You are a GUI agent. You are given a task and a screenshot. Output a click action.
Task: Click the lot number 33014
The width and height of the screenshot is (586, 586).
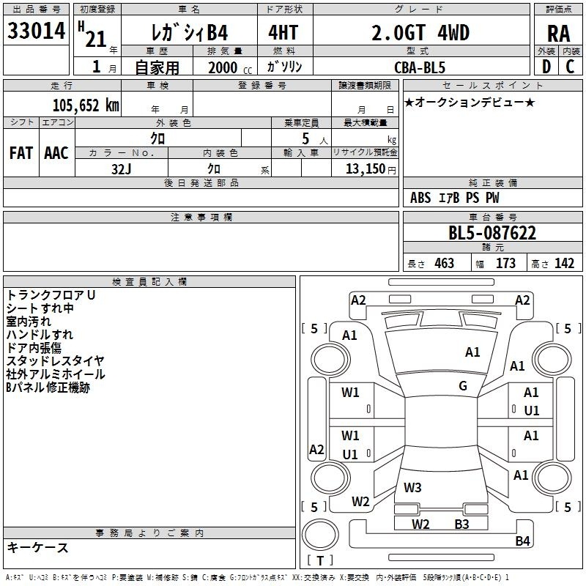point(36,31)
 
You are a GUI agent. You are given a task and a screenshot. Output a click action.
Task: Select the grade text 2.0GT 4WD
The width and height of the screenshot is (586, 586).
point(420,32)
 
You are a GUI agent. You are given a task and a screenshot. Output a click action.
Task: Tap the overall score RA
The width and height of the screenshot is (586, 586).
point(558,34)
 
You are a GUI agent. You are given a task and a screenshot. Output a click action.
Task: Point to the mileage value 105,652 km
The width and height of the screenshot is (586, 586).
point(86,105)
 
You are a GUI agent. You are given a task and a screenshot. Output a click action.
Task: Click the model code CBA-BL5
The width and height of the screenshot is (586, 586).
point(420,67)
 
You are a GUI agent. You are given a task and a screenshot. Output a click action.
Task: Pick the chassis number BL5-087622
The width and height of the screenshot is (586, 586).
point(492,233)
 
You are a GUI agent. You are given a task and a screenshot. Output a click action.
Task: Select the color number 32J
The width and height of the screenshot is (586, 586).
point(121,169)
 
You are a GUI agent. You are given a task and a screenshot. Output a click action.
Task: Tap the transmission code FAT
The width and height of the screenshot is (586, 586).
point(21,153)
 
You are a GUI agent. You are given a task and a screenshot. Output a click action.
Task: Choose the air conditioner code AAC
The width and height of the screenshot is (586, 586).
point(56,153)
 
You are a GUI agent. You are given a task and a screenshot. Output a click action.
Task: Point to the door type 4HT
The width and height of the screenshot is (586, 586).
point(283,32)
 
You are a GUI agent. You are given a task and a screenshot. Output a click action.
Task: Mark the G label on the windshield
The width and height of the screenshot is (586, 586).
point(463,386)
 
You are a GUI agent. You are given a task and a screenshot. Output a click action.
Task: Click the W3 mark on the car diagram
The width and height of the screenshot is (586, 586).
point(412,487)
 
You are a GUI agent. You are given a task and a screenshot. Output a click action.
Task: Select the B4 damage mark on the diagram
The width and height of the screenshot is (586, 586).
point(522,541)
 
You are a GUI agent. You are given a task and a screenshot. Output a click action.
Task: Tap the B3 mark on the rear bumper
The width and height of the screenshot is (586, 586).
point(461,524)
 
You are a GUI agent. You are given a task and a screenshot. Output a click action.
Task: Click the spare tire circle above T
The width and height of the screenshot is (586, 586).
point(320,535)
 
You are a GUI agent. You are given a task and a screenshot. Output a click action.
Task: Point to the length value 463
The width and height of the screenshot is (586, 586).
point(444,263)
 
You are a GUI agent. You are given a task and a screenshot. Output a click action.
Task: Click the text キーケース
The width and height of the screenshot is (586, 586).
point(38,547)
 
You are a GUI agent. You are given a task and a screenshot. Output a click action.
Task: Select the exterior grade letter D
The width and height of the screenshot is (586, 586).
point(546,67)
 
